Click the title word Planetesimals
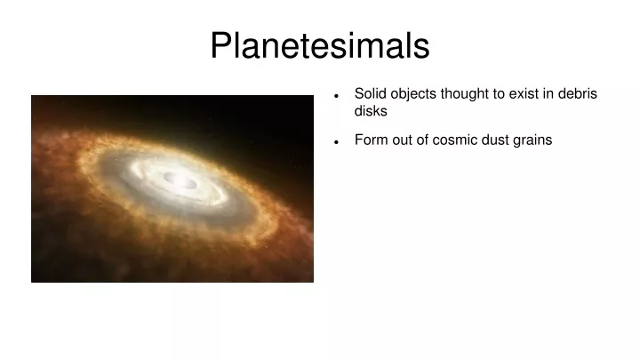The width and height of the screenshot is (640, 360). (320, 45)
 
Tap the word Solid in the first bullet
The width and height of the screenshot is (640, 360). (370, 93)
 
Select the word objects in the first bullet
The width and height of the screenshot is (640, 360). (413, 94)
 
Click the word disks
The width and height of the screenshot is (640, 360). (371, 110)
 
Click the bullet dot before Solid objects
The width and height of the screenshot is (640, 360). (336, 96)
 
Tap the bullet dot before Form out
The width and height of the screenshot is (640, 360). (336, 142)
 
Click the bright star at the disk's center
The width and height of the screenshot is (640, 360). (176, 180)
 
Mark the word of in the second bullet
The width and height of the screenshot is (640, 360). (422, 140)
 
